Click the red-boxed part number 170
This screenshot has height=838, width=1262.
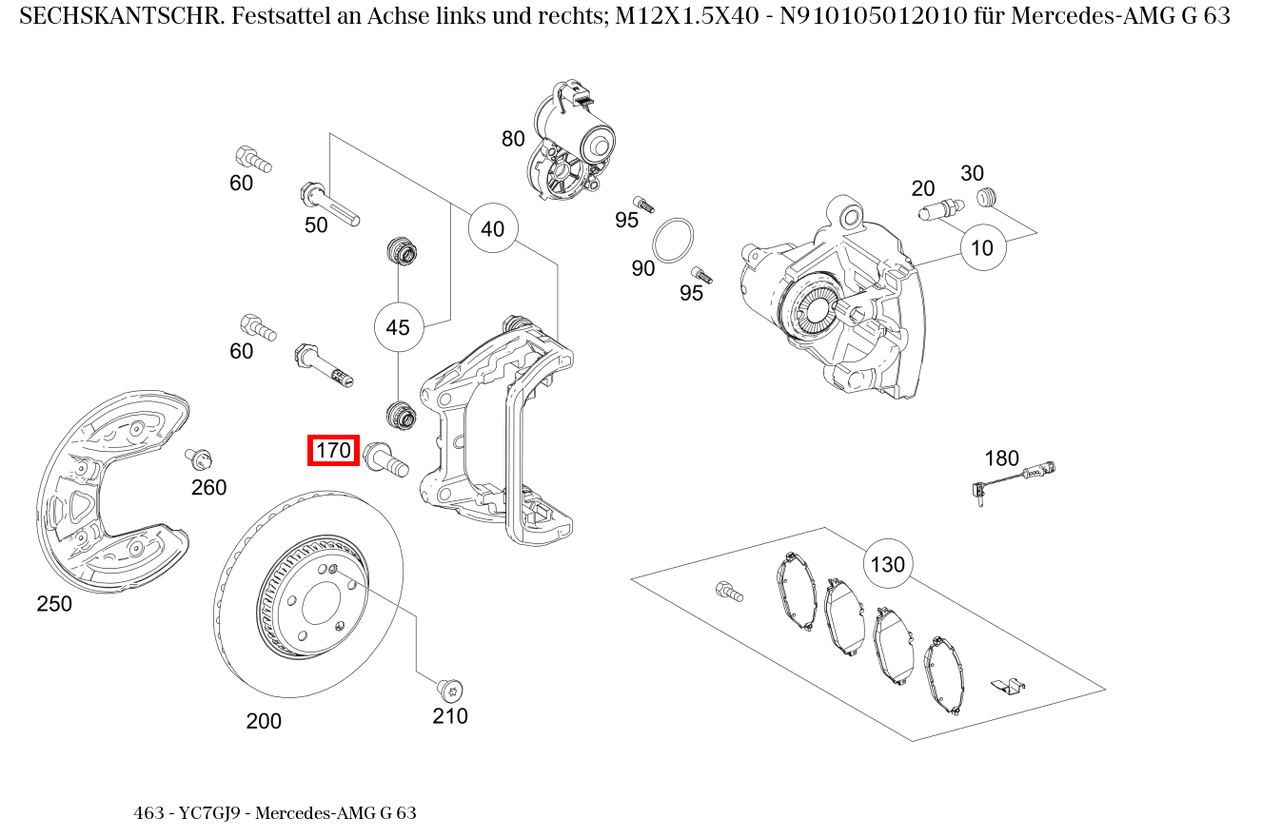333,450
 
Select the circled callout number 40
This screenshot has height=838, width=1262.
492,229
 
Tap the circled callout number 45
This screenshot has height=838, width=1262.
398,327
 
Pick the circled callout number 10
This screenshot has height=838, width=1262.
982,247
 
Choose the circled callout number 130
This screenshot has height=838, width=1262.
887,564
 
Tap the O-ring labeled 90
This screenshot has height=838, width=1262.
674,240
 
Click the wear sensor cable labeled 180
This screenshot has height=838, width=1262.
1015,477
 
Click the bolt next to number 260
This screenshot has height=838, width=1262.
199,459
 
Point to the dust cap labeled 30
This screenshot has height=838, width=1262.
987,197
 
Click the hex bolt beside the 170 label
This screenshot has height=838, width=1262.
385,458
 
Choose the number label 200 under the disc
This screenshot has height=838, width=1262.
264,721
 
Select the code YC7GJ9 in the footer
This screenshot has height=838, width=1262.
212,813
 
